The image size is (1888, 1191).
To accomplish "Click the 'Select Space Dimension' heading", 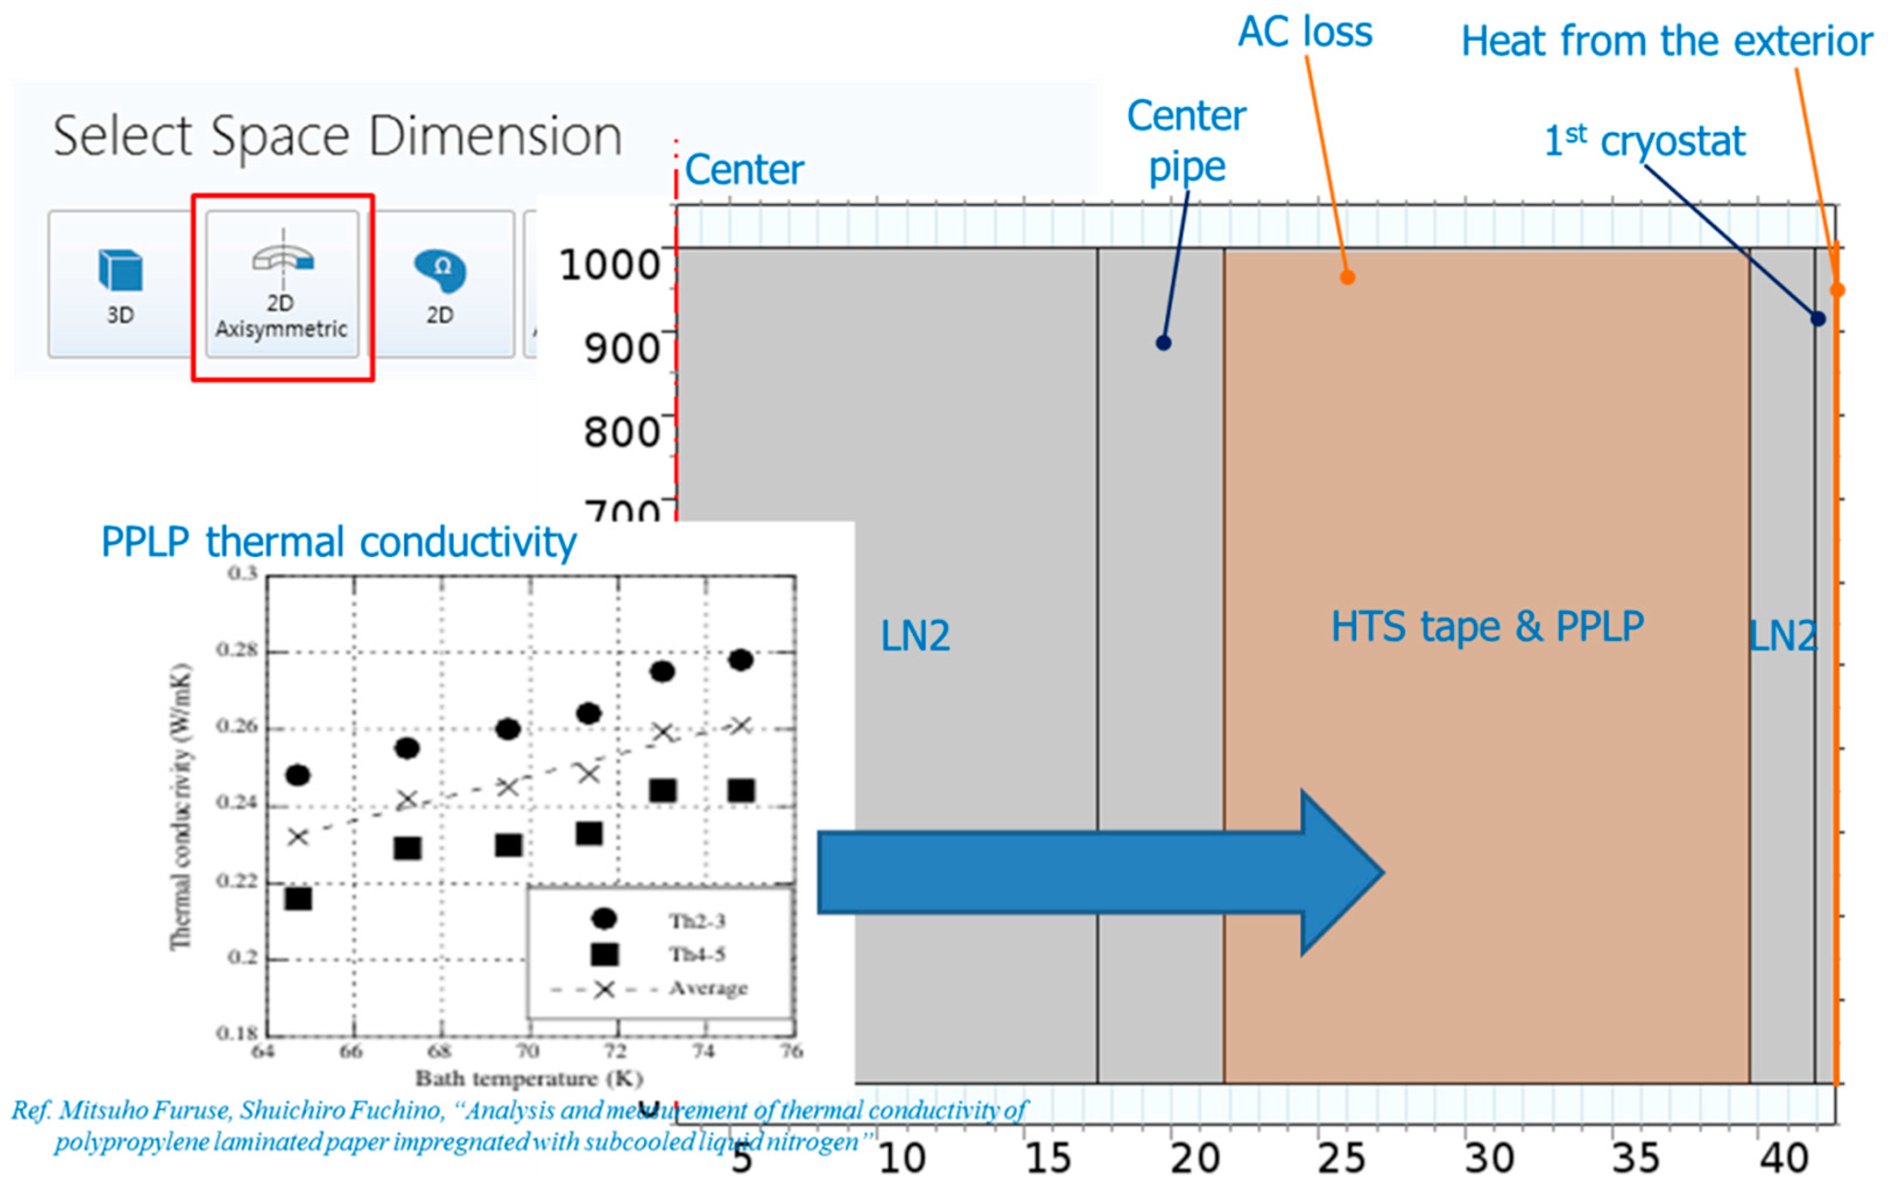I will click(x=337, y=136).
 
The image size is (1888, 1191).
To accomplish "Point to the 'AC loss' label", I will click(x=1305, y=33).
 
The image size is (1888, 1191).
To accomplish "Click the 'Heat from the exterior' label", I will click(x=1666, y=41).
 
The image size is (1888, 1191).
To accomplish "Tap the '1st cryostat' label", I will click(x=1644, y=141).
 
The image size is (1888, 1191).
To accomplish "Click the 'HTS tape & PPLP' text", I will click(x=1487, y=627).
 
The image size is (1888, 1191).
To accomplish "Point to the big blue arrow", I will click(x=1097, y=872).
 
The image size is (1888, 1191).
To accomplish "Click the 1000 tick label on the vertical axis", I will click(x=610, y=265).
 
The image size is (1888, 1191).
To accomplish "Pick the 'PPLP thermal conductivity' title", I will click(x=338, y=542).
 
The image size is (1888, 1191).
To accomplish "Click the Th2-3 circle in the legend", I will click(x=604, y=918).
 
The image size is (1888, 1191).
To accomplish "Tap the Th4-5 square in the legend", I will click(x=604, y=954).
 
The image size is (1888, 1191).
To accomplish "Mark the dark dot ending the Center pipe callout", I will click(x=1163, y=343).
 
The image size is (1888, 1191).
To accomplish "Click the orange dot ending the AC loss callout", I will click(x=1347, y=277).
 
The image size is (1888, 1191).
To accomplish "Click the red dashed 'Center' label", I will click(x=744, y=170).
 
